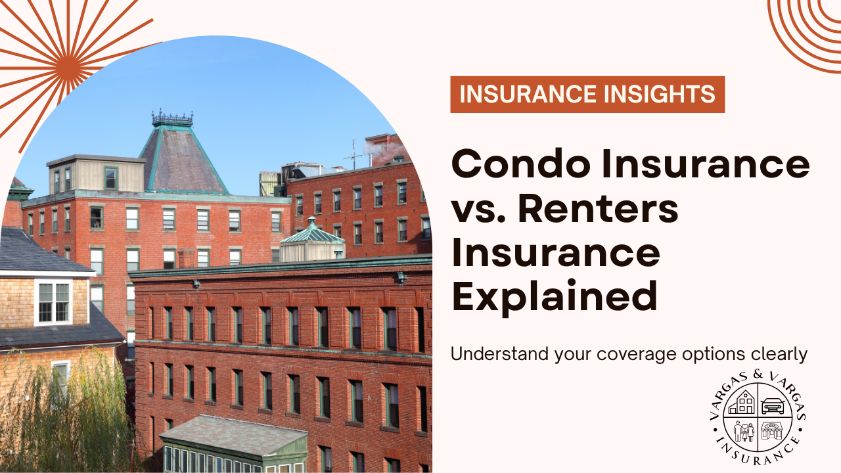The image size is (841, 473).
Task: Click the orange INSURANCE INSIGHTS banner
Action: (587, 95)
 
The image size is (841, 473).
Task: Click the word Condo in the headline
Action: (514, 164)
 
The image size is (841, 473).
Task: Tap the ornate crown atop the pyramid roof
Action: (172, 118)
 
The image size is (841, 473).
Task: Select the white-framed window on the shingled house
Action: (54, 302)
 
